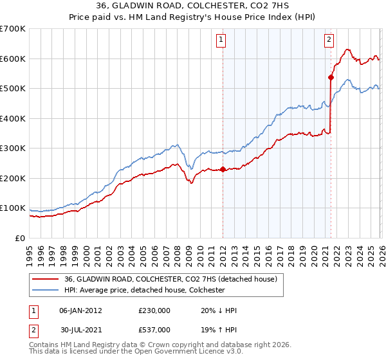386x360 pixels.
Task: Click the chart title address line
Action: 193,6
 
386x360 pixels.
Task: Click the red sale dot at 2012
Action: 223,170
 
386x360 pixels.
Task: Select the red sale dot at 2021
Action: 331,78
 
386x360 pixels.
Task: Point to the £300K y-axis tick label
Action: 13,148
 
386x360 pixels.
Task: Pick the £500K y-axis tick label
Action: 13,89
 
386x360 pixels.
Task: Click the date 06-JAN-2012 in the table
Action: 80,310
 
